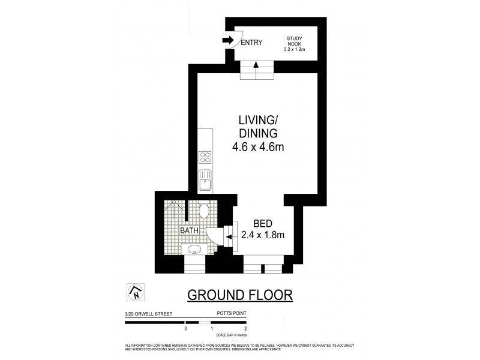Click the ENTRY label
click(x=252, y=42)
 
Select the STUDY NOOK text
click(x=294, y=40)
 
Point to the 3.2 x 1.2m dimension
click(x=294, y=50)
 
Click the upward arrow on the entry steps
click(x=257, y=65)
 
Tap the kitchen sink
click(x=205, y=180)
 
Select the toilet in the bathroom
click(x=204, y=211)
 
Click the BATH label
click(x=191, y=230)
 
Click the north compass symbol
click(x=136, y=292)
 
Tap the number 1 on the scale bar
click(x=211, y=329)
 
